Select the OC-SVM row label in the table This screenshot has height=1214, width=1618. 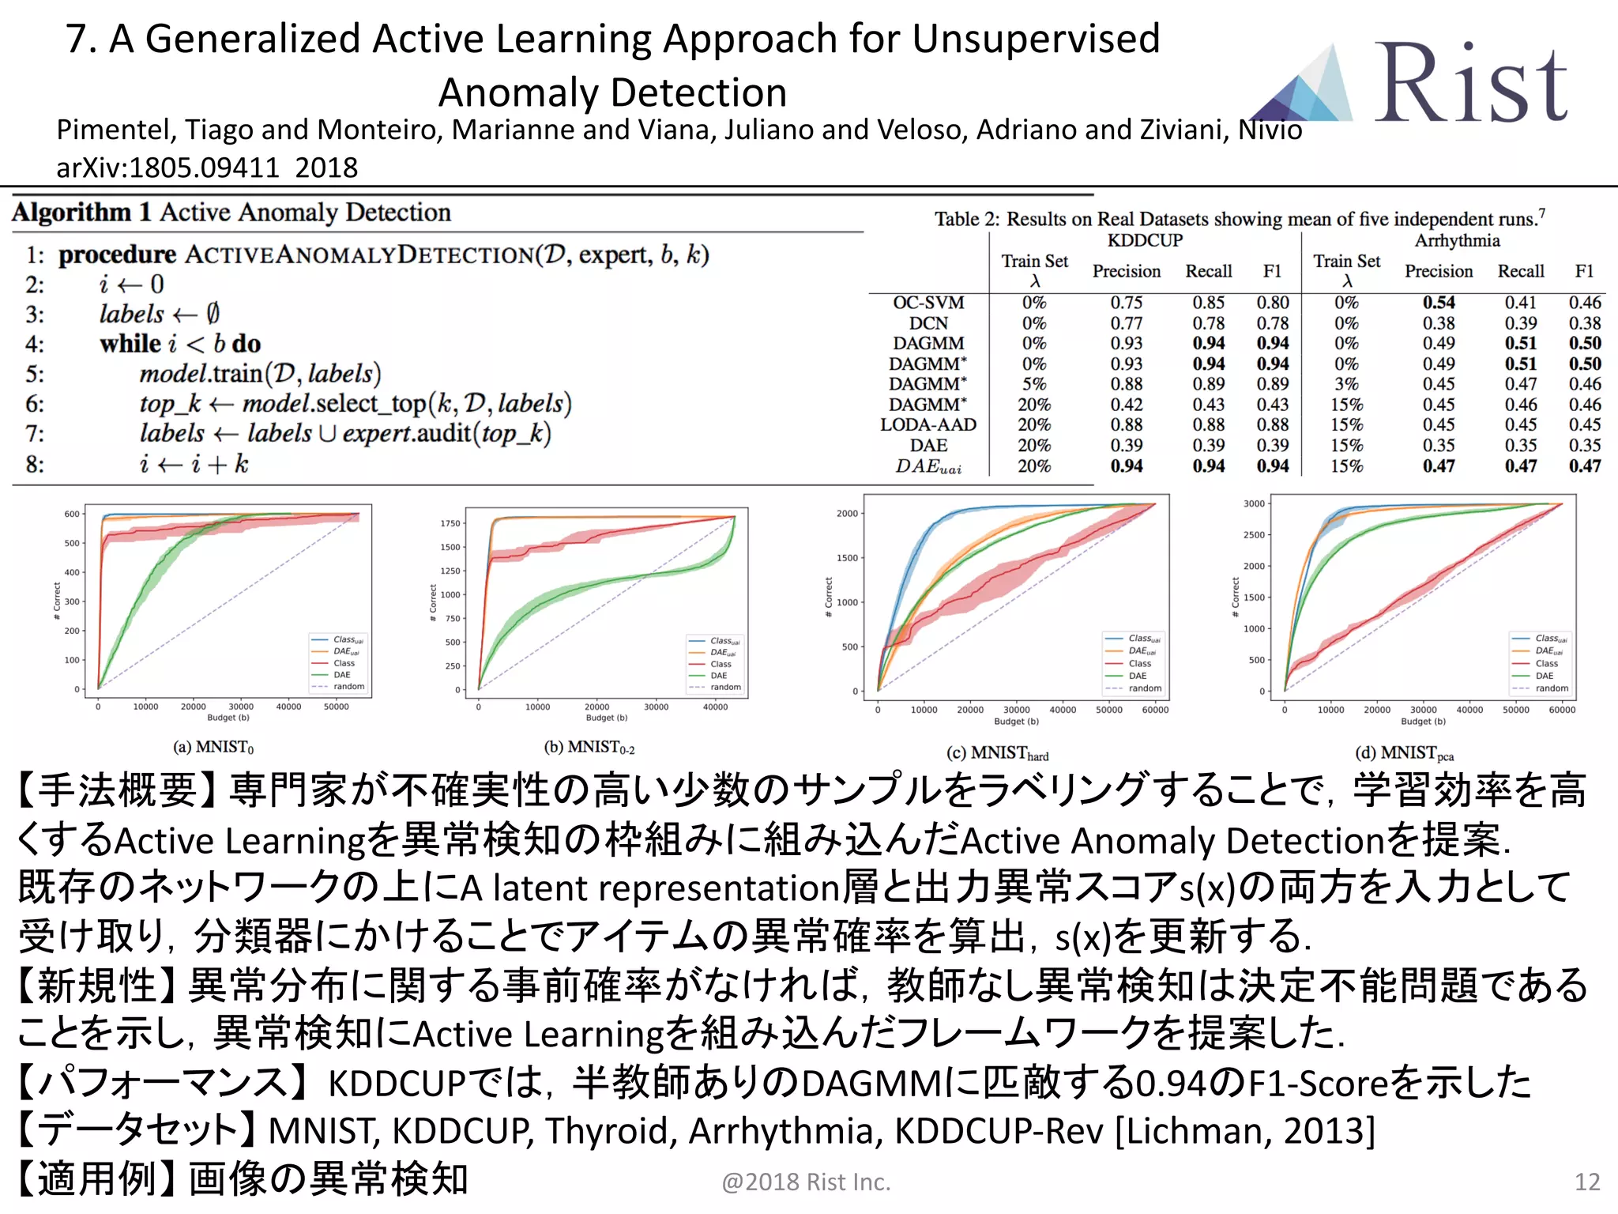click(x=928, y=303)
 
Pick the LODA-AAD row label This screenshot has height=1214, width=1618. click(x=928, y=425)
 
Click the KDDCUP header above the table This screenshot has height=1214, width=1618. click(x=1145, y=240)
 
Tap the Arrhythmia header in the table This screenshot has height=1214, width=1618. click(x=1457, y=240)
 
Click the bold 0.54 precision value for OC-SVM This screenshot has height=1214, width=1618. click(x=1438, y=303)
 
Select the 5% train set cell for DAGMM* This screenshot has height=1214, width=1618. click(x=1033, y=384)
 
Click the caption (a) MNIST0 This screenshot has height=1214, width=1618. click(x=213, y=747)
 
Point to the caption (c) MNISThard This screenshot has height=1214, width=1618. click(x=997, y=753)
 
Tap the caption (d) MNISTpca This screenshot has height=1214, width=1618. click(x=1404, y=753)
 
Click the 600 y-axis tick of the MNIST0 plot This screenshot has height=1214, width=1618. click(x=72, y=514)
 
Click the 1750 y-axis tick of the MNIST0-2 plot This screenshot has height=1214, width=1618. click(x=450, y=523)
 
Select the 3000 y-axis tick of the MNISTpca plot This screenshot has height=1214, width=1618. click(x=1254, y=503)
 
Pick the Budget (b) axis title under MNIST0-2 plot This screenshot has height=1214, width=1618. click(x=607, y=718)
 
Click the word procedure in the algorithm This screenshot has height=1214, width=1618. click(x=117, y=254)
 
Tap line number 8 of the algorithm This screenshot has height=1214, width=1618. click(x=35, y=464)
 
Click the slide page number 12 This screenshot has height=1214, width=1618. click(x=1586, y=1182)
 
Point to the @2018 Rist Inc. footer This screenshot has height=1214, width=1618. click(x=806, y=1182)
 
